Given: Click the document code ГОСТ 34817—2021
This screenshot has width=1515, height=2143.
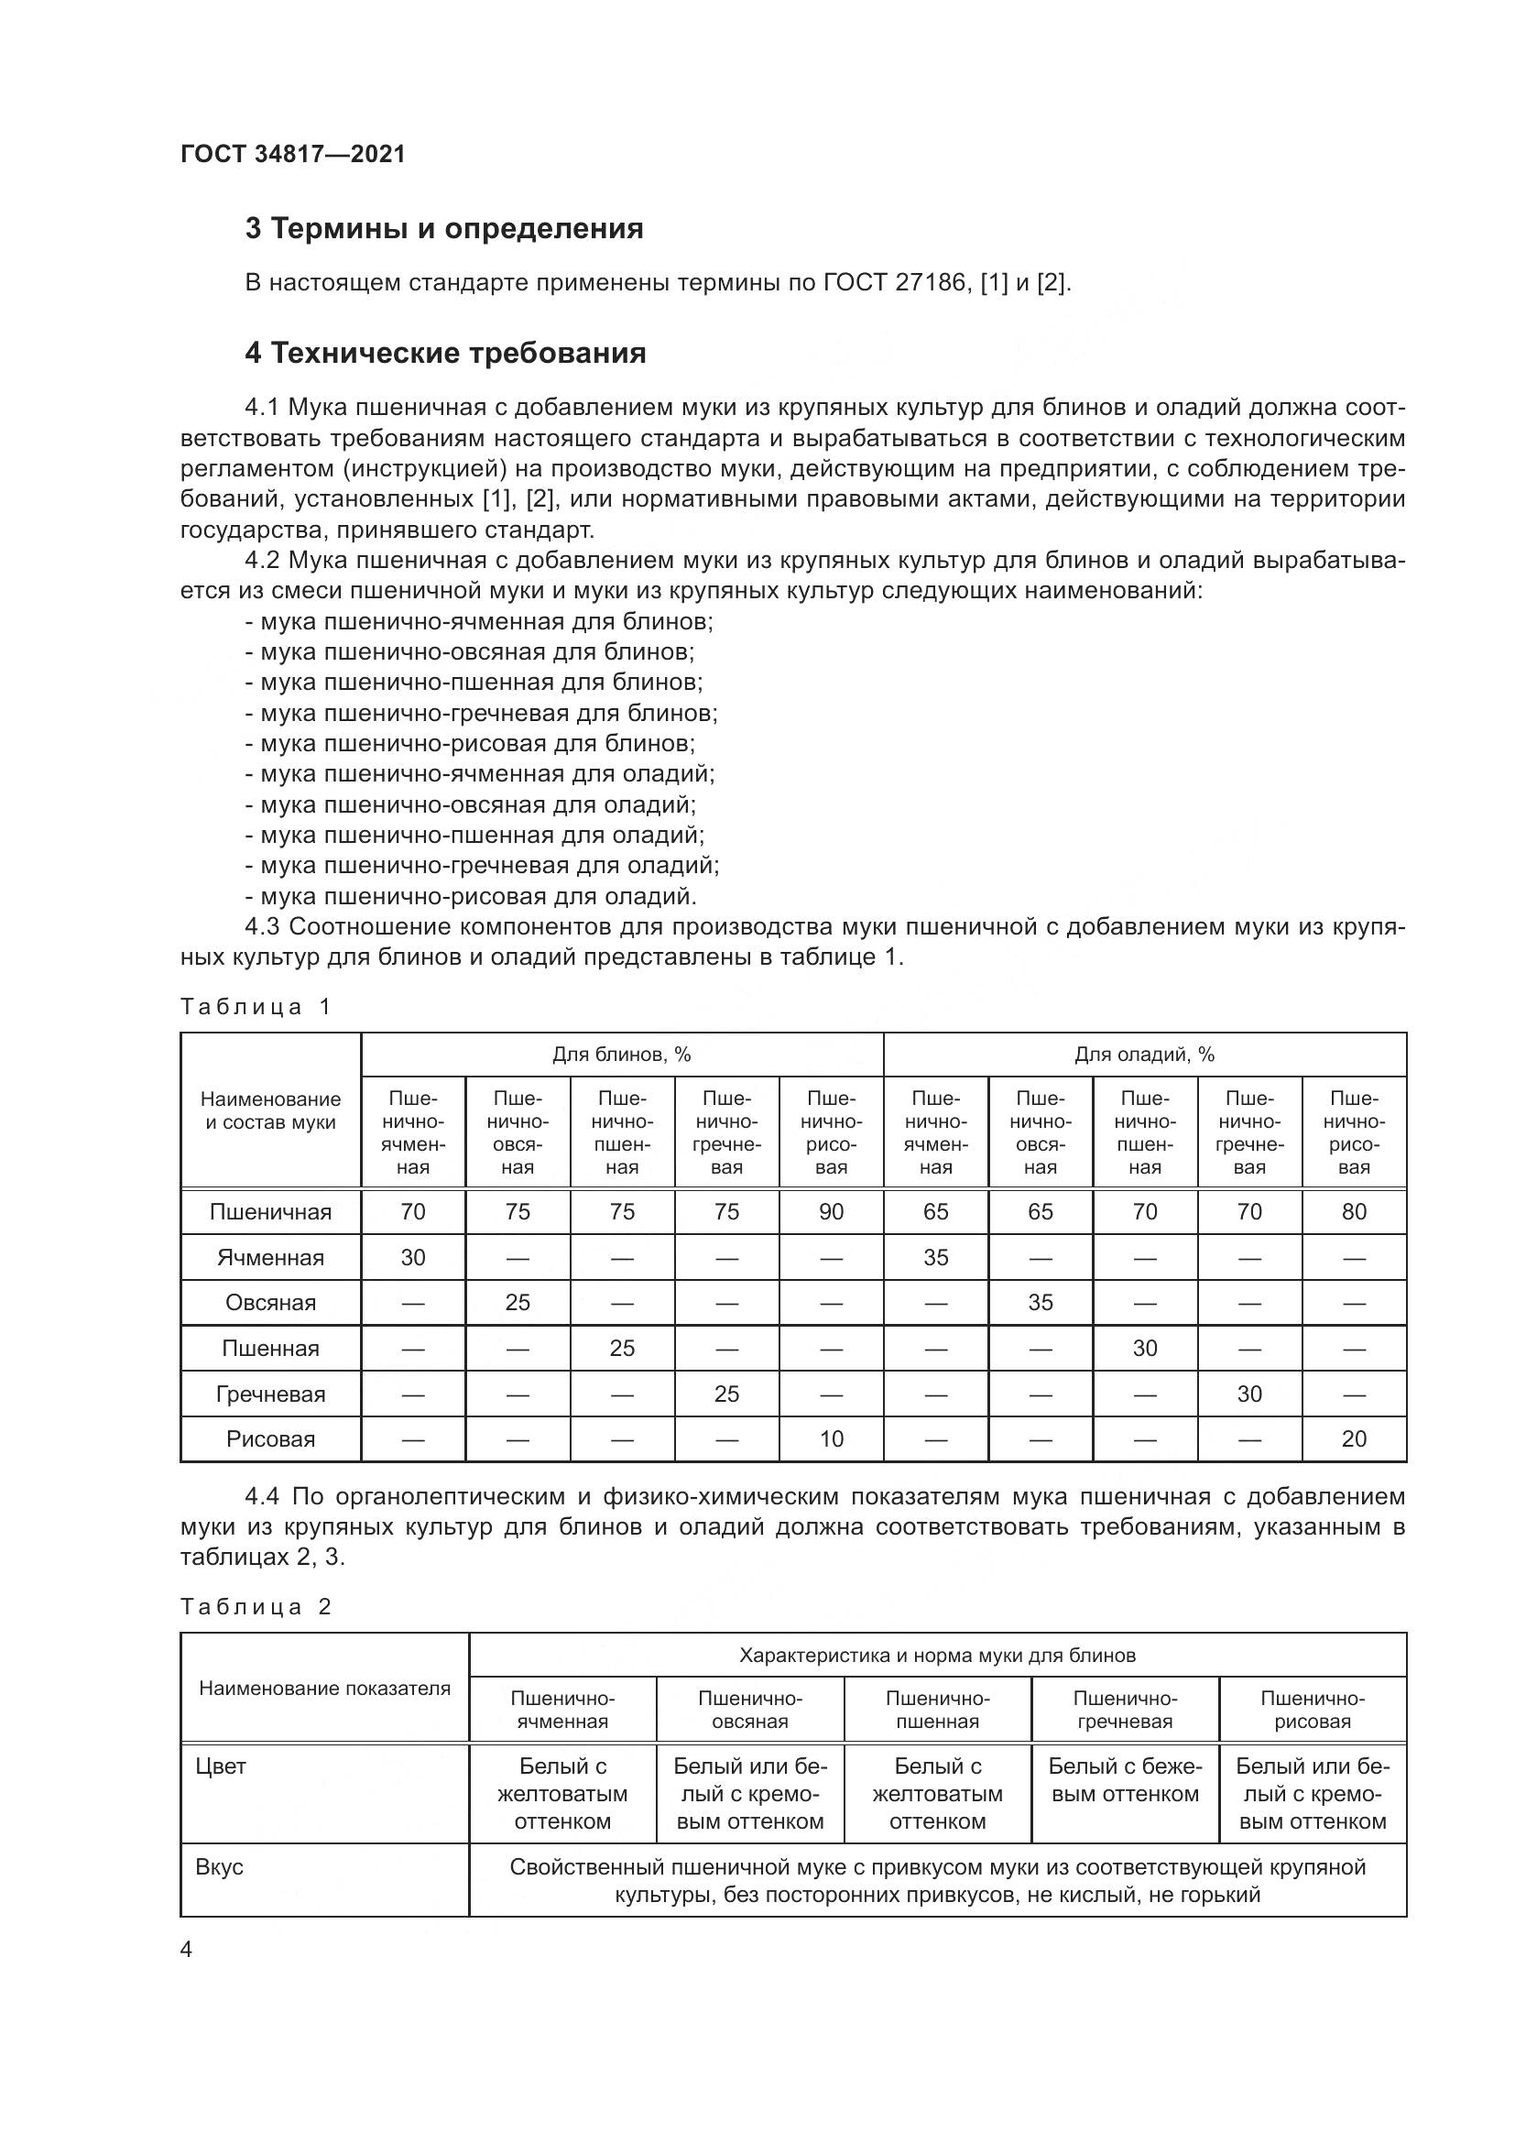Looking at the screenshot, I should point(293,154).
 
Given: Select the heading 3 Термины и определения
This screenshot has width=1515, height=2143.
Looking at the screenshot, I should point(444,229).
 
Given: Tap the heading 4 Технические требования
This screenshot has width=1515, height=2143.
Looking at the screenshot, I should point(445,353).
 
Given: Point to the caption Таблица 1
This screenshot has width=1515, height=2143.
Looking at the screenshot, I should point(256,1006).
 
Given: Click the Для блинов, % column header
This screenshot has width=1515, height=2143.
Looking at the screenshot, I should point(621,1055).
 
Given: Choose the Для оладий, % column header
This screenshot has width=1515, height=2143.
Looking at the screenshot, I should point(1144,1055).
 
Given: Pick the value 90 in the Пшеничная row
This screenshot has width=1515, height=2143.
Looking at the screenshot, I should point(830,1211).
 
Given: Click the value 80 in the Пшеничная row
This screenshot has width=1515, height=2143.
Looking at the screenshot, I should point(1354,1211).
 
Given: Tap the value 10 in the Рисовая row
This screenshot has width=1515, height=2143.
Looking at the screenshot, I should point(830,1438).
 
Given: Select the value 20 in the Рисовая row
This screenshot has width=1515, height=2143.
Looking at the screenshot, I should point(1354,1438).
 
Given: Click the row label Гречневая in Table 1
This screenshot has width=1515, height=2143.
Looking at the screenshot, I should point(270,1394).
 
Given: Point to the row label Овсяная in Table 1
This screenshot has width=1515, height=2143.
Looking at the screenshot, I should point(270,1302).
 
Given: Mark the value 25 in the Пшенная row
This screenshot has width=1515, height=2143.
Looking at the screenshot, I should point(621,1348).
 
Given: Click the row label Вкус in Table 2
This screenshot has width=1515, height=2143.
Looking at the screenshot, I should point(219,1866).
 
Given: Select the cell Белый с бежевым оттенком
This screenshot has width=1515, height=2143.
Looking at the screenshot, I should point(1124,1780).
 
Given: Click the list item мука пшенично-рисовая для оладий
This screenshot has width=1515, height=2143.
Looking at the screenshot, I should point(477,897).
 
